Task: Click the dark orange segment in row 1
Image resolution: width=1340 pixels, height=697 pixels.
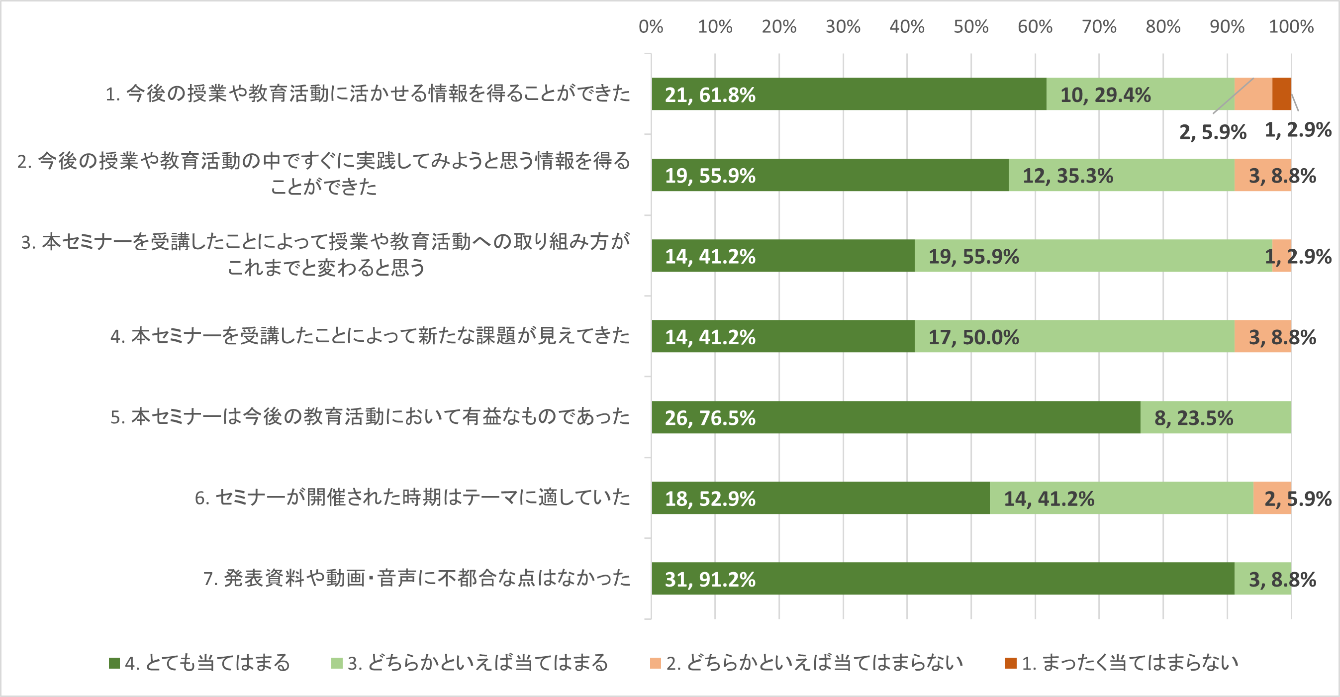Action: (x=1281, y=94)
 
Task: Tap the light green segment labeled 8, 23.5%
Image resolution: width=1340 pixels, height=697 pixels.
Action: (x=1216, y=417)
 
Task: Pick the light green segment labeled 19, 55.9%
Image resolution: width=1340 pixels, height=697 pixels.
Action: (x=1093, y=255)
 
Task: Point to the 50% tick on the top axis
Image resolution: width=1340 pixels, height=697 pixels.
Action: (x=970, y=26)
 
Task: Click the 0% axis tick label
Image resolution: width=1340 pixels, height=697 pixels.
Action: (x=651, y=26)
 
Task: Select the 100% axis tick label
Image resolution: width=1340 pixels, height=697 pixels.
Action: (x=1291, y=26)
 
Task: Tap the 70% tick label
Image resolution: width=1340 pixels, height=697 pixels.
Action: (x=1099, y=26)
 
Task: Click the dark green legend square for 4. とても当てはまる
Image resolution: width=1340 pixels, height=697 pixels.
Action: (x=114, y=663)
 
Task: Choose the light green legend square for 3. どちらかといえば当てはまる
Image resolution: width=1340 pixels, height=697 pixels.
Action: (x=337, y=663)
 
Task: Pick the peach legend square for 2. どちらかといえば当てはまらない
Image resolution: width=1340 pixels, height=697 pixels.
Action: (x=656, y=663)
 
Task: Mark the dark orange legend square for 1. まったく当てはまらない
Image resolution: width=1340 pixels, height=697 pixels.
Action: (x=1011, y=663)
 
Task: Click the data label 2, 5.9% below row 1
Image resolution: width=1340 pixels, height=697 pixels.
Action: (x=1213, y=132)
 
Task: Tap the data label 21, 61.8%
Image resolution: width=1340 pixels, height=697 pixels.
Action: (x=710, y=95)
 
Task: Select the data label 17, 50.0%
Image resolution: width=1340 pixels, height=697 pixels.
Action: (x=974, y=337)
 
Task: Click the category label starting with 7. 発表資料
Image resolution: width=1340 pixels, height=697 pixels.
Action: (x=417, y=579)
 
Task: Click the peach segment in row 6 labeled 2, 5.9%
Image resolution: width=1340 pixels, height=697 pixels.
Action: (x=1272, y=498)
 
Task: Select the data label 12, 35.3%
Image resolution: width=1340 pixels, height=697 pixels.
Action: (x=1068, y=176)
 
